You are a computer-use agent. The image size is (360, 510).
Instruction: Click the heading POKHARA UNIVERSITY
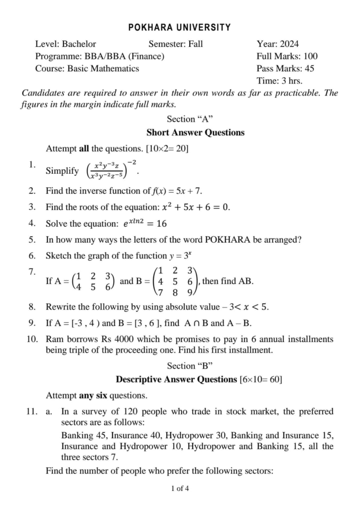(x=180, y=27)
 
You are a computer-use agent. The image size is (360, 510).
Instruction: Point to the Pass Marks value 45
(x=309, y=69)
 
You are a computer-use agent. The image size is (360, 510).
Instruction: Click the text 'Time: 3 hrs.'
(x=279, y=81)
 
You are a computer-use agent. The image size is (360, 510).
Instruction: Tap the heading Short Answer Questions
(x=195, y=132)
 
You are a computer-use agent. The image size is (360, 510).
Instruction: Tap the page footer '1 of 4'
(x=180, y=488)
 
